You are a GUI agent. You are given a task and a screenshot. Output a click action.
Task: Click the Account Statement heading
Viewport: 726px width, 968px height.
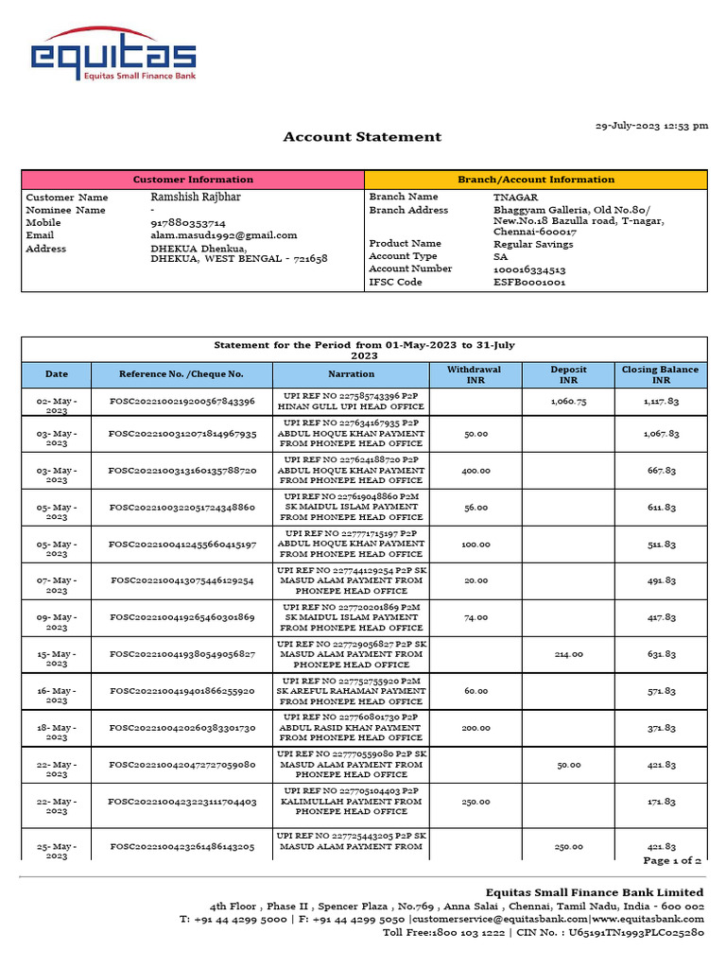click(362, 137)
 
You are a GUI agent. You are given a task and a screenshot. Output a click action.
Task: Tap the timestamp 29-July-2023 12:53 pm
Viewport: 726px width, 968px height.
click(650, 126)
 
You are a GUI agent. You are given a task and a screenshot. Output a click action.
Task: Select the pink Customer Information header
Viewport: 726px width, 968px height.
click(193, 179)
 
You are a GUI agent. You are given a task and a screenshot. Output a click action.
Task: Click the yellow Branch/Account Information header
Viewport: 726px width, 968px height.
click(535, 179)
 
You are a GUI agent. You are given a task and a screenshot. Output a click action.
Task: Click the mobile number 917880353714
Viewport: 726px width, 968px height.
click(188, 222)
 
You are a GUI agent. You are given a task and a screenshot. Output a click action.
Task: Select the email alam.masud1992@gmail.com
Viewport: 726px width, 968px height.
click(224, 235)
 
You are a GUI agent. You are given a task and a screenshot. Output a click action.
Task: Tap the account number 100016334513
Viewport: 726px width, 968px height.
click(529, 269)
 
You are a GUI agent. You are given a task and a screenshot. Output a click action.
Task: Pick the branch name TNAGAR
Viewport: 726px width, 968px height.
click(516, 197)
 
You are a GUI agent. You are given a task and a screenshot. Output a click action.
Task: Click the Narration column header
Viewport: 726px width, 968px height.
click(352, 374)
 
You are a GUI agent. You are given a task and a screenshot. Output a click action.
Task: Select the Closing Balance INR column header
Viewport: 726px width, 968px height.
click(660, 374)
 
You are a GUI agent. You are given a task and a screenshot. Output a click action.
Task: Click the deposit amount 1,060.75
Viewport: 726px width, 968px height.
click(568, 402)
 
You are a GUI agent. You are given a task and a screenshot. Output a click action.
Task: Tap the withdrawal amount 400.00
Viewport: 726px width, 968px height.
click(475, 471)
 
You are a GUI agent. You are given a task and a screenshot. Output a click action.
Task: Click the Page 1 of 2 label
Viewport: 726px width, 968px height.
click(671, 861)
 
